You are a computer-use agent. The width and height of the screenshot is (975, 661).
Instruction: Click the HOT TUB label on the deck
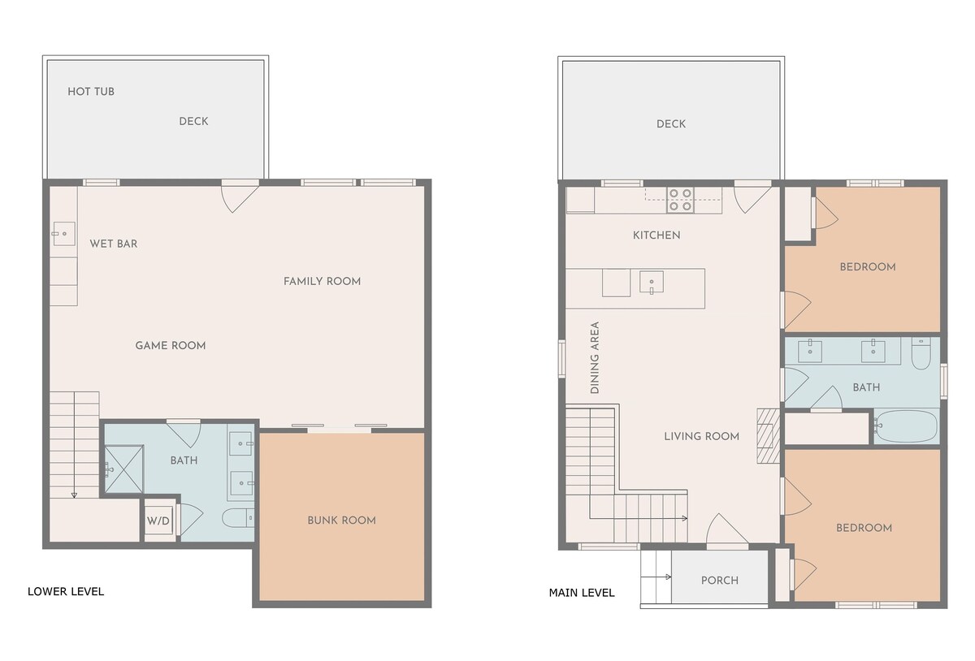click(91, 92)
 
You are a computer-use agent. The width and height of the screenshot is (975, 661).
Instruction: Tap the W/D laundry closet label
click(158, 521)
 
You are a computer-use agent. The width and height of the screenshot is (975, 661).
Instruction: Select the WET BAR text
click(114, 244)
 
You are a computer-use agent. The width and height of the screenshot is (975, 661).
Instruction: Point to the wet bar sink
click(64, 234)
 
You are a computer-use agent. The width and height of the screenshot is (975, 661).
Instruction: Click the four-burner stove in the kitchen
click(680, 201)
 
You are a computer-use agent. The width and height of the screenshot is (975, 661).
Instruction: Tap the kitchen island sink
click(652, 283)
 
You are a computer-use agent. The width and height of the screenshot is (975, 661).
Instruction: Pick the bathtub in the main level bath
click(906, 426)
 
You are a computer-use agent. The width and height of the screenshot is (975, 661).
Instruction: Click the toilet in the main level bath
click(921, 354)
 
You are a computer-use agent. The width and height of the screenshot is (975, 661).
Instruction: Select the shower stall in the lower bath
click(124, 469)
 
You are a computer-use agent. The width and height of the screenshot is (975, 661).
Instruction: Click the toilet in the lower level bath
click(237, 518)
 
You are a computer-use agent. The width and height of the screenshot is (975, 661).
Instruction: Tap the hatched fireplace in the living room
click(769, 435)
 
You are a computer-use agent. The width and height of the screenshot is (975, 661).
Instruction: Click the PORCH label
click(720, 581)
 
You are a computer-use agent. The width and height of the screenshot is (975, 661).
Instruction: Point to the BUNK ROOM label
click(342, 521)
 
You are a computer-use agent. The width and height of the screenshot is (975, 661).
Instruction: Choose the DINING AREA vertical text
click(595, 357)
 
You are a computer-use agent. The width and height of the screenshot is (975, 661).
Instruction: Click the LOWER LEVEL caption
click(66, 591)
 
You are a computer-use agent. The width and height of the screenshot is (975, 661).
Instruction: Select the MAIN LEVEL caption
click(582, 593)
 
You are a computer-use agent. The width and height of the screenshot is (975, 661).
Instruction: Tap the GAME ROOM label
click(171, 345)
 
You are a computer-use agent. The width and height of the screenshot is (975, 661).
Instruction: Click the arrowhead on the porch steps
click(669, 577)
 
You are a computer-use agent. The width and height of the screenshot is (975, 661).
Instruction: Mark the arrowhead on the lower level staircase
click(74, 495)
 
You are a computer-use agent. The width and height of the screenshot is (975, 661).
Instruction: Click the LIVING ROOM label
click(702, 436)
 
